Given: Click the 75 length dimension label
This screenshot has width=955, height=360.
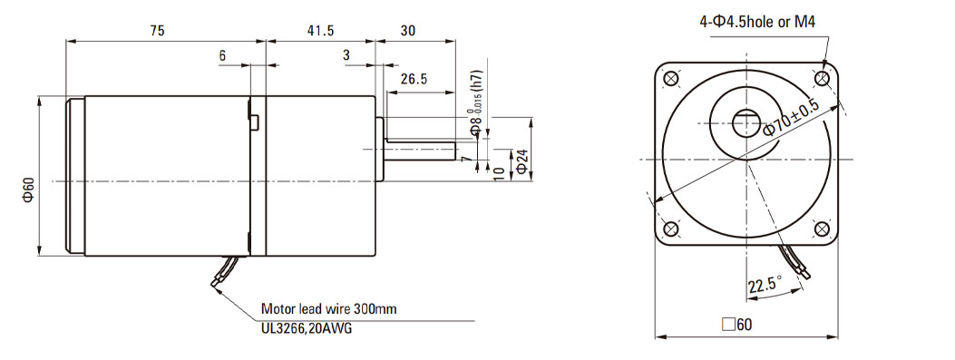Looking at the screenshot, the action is (x=157, y=31).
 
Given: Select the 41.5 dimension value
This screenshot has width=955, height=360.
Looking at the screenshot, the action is (x=320, y=31).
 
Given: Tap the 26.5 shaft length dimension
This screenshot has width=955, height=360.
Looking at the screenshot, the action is (x=414, y=79).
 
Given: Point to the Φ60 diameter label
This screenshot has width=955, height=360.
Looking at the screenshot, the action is (x=29, y=190).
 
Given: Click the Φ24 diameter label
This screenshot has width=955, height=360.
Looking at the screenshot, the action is (x=522, y=160).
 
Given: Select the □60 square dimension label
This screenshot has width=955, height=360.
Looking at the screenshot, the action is (x=737, y=324).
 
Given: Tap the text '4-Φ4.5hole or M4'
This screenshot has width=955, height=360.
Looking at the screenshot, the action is (x=757, y=23).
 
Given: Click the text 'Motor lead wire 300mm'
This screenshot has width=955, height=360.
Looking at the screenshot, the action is (x=329, y=309).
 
